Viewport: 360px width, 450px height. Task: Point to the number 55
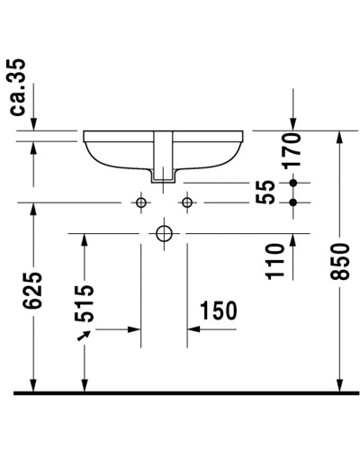pyautogui.click(x=265, y=192)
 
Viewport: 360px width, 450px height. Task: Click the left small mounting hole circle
pyautogui.click(x=141, y=202)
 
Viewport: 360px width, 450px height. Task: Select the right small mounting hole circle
pyautogui.click(x=187, y=202)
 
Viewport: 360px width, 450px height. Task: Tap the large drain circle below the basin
pyautogui.click(x=164, y=234)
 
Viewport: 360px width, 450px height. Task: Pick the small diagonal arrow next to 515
pyautogui.click(x=85, y=336)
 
